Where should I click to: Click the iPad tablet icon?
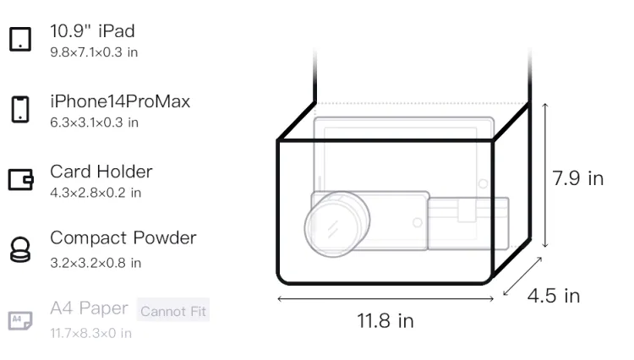coord(20,39)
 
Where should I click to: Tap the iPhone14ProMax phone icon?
coord(20,109)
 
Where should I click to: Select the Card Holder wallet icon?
coord(20,179)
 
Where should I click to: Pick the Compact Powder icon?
coord(20,249)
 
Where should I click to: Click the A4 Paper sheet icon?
coord(20,320)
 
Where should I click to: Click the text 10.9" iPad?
coord(92,31)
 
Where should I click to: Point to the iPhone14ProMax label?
coord(120,101)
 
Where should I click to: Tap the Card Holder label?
coord(101,172)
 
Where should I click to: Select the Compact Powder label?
coord(123,238)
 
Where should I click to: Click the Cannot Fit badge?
coord(173,310)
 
